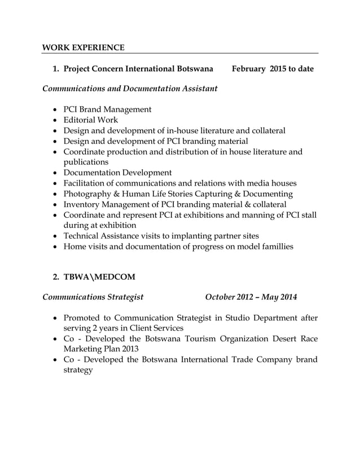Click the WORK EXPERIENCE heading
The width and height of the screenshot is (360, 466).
[x=84, y=47]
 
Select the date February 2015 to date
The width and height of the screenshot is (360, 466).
[x=273, y=69]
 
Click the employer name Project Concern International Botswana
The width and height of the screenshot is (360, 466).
[x=138, y=69]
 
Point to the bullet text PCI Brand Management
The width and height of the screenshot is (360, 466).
[x=107, y=109]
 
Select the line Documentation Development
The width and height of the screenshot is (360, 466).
[x=117, y=173]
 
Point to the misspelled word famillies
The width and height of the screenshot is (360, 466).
[x=274, y=247]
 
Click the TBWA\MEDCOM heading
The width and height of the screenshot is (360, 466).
[x=99, y=277]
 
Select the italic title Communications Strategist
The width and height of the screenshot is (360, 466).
[x=93, y=297]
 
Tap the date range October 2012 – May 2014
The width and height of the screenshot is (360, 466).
[x=251, y=297]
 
